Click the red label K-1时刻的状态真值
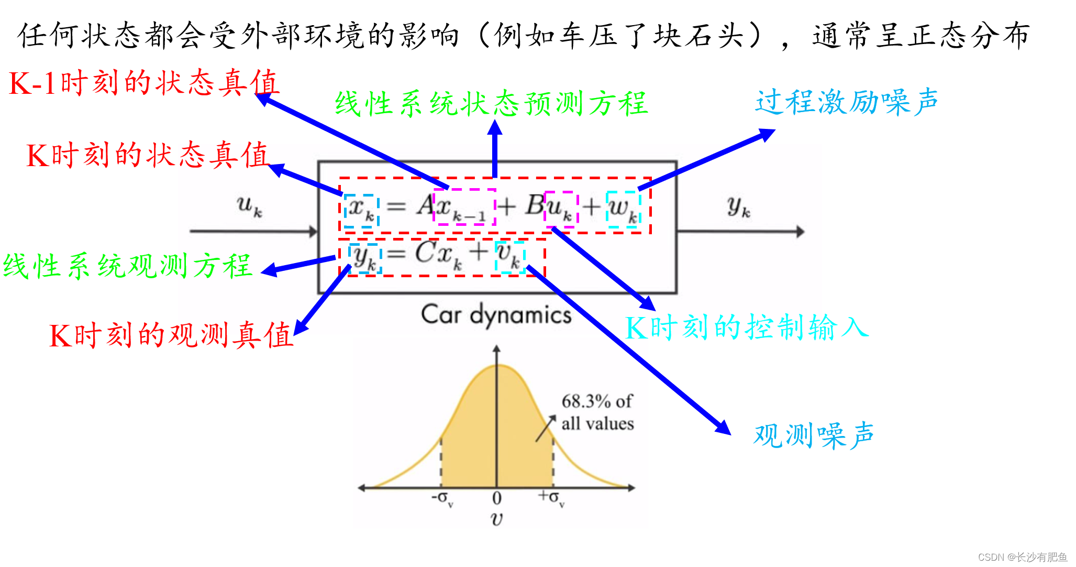coord(144,83)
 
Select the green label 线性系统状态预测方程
coord(491,103)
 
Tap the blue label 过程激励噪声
coord(846,102)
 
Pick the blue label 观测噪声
coord(814,435)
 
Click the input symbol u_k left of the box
coord(249,205)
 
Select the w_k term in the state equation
coord(624,209)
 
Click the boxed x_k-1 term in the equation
coord(465,208)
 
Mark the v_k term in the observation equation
coord(510,256)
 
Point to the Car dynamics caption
coord(496,315)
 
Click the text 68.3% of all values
coord(597,412)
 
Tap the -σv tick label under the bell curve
coord(442,498)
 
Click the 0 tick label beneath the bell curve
coord(497,498)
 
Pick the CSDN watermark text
coord(1022,557)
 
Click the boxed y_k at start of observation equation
coord(365,258)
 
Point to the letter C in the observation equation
coord(425,252)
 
